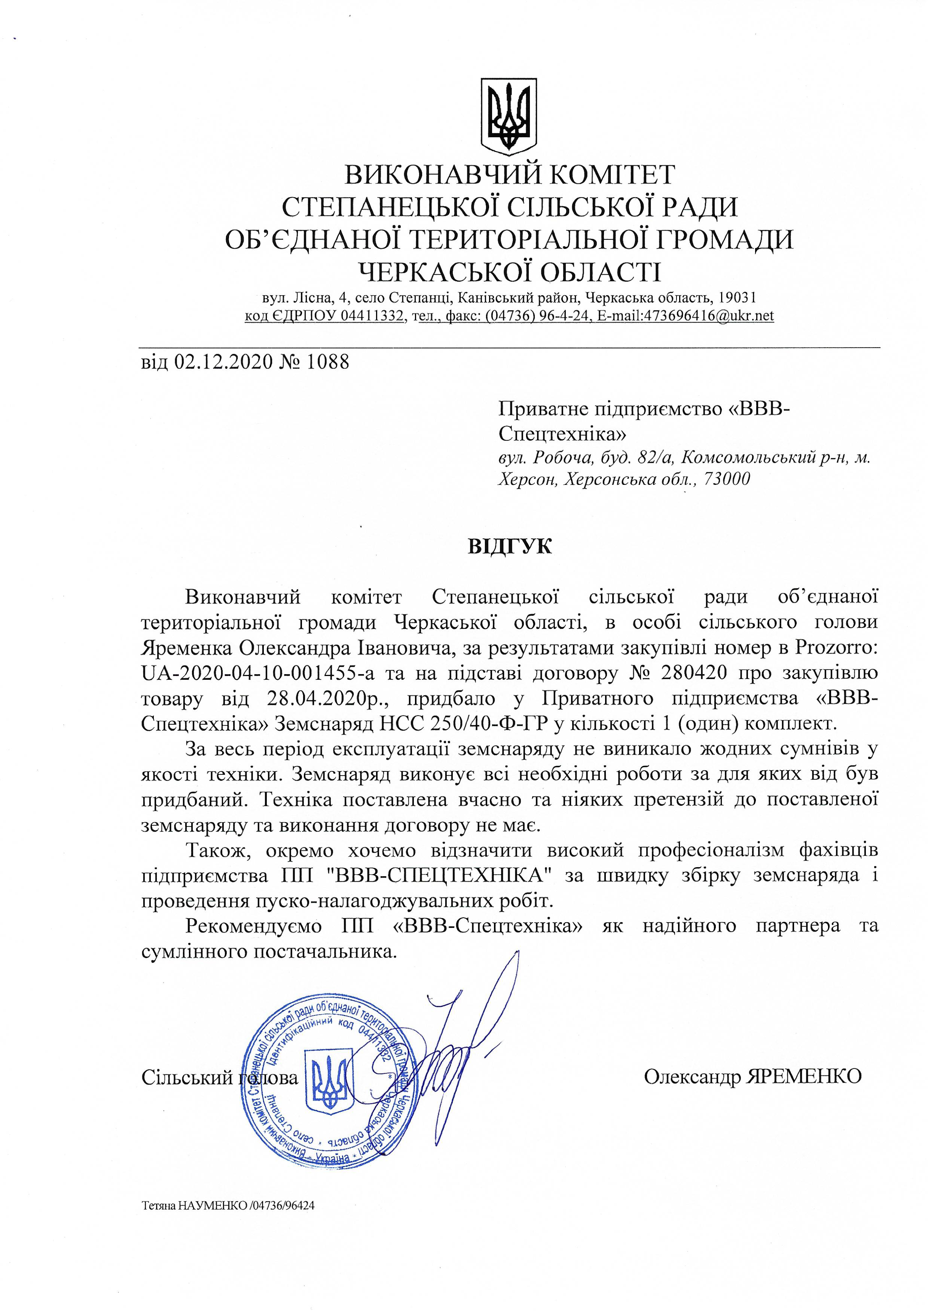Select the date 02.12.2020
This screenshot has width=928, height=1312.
(x=223, y=362)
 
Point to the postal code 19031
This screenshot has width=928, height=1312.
(x=737, y=298)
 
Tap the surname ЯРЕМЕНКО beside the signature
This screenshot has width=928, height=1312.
(x=801, y=1077)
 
